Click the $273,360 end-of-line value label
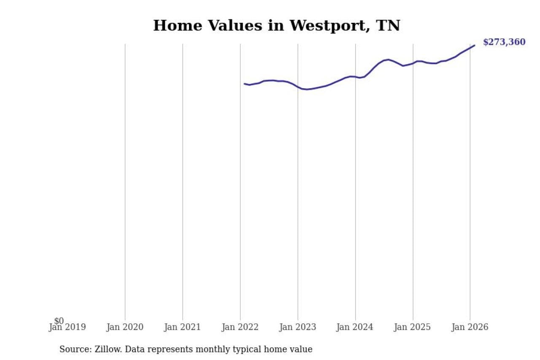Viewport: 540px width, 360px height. point(504,42)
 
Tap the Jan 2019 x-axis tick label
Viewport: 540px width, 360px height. point(67,328)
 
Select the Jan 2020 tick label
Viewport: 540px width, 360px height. point(125,328)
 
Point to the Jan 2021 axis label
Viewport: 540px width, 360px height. point(182,328)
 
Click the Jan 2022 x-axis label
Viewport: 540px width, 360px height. point(240,328)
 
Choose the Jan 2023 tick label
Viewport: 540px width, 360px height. point(297,328)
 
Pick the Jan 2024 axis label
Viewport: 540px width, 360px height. point(355,328)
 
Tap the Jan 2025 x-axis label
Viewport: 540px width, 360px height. point(412,328)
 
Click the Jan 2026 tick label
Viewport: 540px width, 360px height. point(470,328)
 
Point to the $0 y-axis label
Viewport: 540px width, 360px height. point(59,321)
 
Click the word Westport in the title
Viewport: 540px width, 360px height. point(324,26)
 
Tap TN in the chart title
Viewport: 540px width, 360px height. point(388,26)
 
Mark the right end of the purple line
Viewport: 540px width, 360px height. point(475,45)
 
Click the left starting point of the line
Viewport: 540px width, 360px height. point(244,84)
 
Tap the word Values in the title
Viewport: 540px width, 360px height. point(229,26)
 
